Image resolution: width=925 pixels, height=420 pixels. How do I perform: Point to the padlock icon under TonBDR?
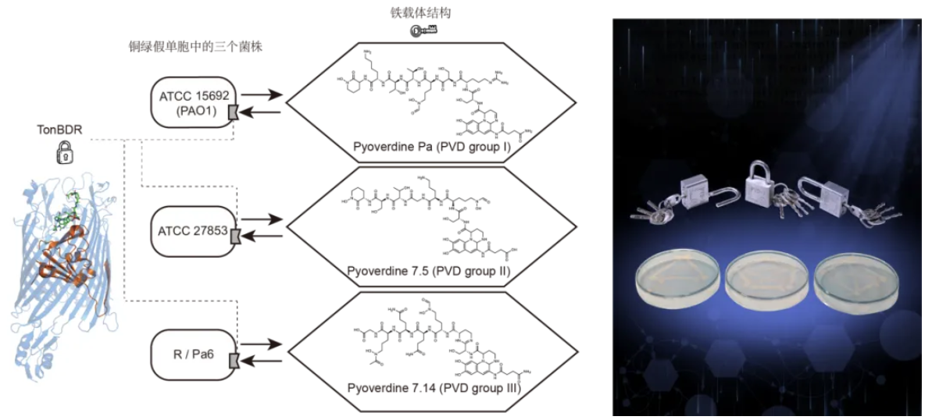[64, 153]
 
